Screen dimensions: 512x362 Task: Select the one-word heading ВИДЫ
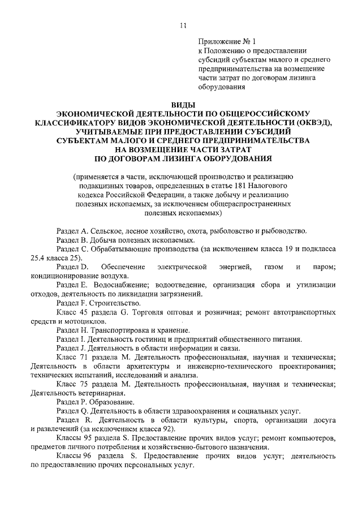tap(181, 105)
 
